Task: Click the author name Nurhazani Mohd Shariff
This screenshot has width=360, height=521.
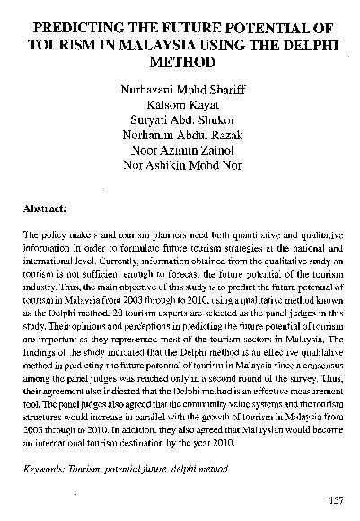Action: pyautogui.click(x=182, y=90)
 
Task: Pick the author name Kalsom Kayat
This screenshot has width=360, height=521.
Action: pyautogui.click(x=182, y=106)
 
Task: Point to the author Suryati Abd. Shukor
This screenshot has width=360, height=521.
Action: pyautogui.click(x=182, y=122)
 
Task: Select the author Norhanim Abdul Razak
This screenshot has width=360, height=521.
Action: pyautogui.click(x=182, y=138)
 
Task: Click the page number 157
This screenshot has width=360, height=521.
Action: pyautogui.click(x=338, y=500)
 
